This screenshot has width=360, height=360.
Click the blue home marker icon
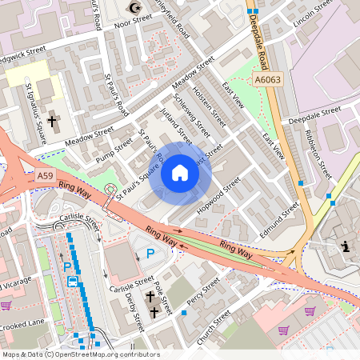pos(180,172)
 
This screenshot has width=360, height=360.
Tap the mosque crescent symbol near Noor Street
pos(134,9)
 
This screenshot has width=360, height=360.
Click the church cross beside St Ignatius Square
pos(53,122)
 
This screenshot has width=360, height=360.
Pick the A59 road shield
pos(45,174)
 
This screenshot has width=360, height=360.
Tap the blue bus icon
pos(73,282)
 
